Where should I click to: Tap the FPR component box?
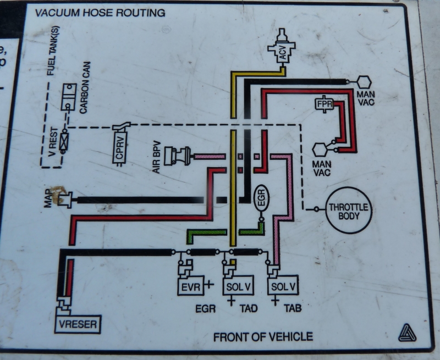[323, 103]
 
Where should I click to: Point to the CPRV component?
[119, 146]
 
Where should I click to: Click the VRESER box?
[78, 324]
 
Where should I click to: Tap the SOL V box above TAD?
[238, 286]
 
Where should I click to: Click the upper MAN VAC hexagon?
[364, 82]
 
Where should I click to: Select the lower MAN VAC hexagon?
[320, 149]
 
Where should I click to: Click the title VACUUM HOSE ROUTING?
[100, 13]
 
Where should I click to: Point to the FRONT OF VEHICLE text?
[263, 336]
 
